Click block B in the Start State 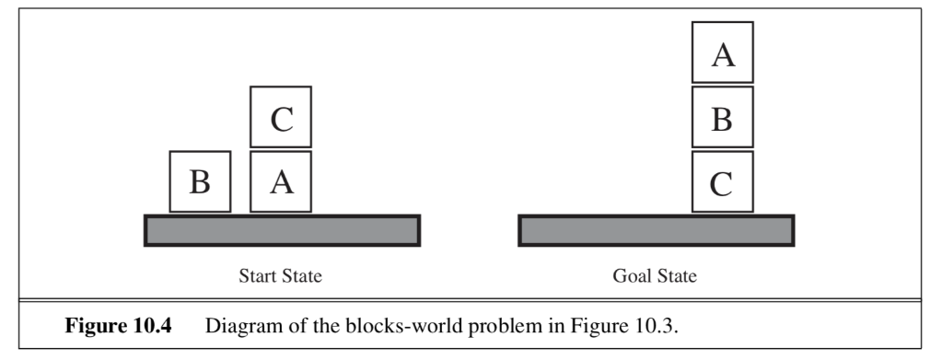(x=199, y=182)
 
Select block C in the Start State (x=281, y=117)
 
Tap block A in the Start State (x=281, y=182)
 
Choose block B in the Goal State (x=723, y=117)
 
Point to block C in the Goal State (x=723, y=182)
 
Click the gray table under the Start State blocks (x=282, y=230)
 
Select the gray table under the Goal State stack (x=656, y=230)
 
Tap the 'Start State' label (x=281, y=275)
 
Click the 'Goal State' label (x=655, y=275)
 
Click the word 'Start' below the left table (x=260, y=275)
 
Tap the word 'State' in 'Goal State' (x=676, y=275)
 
